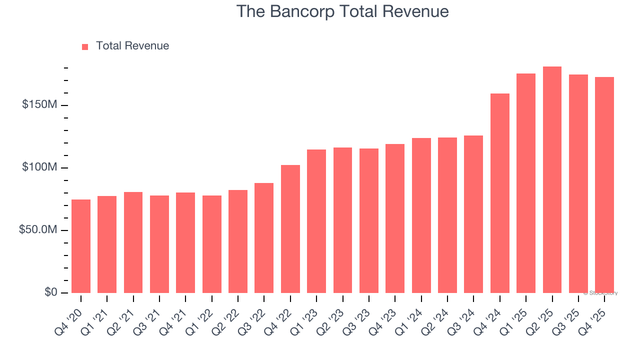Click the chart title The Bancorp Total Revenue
click(x=342, y=11)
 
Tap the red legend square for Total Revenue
click(x=85, y=46)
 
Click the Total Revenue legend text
click(x=132, y=46)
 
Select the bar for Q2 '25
click(x=552, y=180)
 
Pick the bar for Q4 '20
click(x=81, y=246)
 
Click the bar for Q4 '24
click(x=499, y=193)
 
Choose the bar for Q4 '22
click(x=290, y=229)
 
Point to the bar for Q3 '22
click(x=264, y=238)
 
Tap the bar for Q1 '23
click(x=316, y=221)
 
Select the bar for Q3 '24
click(x=473, y=214)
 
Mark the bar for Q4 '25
click(x=604, y=185)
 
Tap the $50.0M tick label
click(x=37, y=230)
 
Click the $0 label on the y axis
click(x=50, y=292)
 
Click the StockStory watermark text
click(x=600, y=293)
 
